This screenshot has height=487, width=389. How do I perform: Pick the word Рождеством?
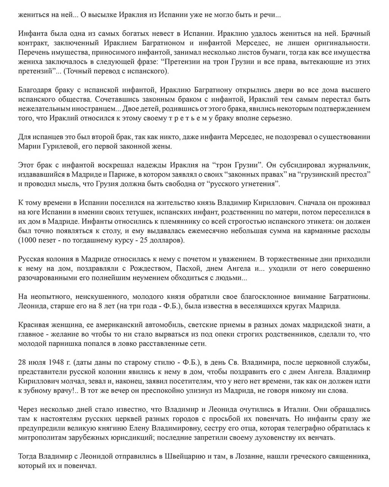(x=151, y=269)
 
